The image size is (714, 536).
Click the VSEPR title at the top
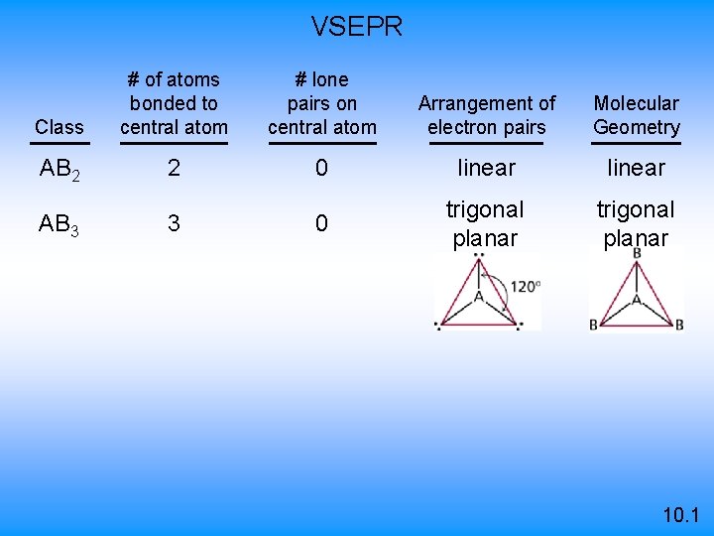click(x=357, y=27)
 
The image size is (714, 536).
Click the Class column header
click(x=59, y=127)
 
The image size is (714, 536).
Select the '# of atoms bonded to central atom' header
click(x=174, y=103)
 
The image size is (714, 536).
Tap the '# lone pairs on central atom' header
click(x=322, y=103)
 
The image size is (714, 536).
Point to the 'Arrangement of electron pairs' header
click(x=487, y=115)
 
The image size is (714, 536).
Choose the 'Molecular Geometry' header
click(x=637, y=115)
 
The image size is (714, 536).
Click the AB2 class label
click(x=59, y=169)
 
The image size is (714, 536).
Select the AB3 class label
click(x=59, y=224)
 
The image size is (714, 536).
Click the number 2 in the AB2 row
click(x=174, y=169)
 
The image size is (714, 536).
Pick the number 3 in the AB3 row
click(x=174, y=223)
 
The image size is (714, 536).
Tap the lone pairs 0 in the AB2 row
click(x=321, y=169)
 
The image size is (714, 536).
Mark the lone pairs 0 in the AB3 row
click(x=321, y=223)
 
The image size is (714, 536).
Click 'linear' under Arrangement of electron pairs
click(x=486, y=169)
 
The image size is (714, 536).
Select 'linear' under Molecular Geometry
click(x=637, y=169)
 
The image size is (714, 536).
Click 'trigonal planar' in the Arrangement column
click(x=486, y=223)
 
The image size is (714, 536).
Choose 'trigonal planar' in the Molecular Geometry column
click(x=637, y=223)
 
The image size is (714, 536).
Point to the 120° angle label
click(x=525, y=286)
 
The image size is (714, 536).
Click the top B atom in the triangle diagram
click(x=637, y=254)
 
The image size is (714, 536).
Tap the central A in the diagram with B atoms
click(x=637, y=295)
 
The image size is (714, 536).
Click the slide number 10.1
click(x=680, y=515)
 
